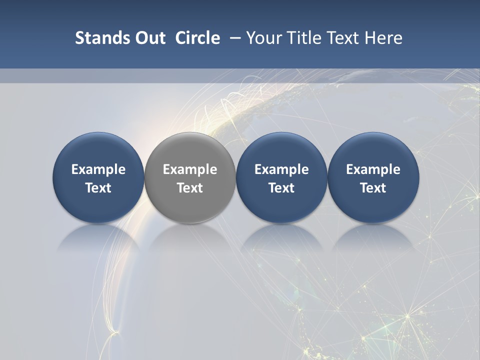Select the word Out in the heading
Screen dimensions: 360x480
click(x=149, y=38)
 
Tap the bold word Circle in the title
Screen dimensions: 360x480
click(x=197, y=38)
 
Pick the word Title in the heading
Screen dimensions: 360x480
click(x=304, y=38)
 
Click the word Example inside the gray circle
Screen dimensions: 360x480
click(x=190, y=169)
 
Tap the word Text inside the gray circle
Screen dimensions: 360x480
click(x=190, y=188)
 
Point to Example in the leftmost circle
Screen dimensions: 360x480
click(x=98, y=169)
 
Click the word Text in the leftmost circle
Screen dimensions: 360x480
click(x=98, y=188)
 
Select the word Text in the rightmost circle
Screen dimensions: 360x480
click(x=373, y=188)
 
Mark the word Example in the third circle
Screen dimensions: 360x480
click(x=281, y=169)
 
